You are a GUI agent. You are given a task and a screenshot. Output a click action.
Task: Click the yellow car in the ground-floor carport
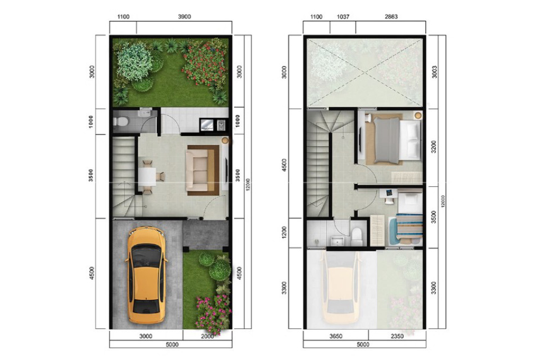click(x=147, y=275)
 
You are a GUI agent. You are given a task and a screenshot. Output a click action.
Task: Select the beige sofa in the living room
click(x=197, y=170)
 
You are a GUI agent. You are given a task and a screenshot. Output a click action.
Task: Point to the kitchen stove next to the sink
click(x=220, y=125)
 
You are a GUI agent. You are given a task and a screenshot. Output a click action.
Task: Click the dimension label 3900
click(x=184, y=16)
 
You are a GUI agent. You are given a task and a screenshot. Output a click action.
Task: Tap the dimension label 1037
click(x=343, y=16)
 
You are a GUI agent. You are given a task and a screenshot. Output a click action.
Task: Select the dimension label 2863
click(x=391, y=16)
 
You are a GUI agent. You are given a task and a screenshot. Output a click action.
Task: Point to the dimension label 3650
click(x=336, y=336)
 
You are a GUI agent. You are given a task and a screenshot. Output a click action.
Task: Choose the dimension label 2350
click(x=397, y=336)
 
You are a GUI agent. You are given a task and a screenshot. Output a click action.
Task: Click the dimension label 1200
click(x=285, y=233)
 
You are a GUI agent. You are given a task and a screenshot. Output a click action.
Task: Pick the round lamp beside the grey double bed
click(x=418, y=115)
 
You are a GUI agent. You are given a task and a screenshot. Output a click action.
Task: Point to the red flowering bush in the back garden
click(x=204, y=64)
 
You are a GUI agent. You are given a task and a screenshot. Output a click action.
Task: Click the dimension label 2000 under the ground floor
click(x=208, y=336)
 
